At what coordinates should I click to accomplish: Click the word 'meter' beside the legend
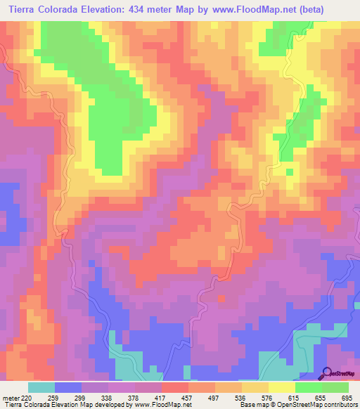click(x=9, y=397)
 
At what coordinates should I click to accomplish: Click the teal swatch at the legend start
click(x=41, y=387)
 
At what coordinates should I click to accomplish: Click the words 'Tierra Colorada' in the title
click(x=43, y=10)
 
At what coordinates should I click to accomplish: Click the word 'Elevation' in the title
click(x=112, y=10)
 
